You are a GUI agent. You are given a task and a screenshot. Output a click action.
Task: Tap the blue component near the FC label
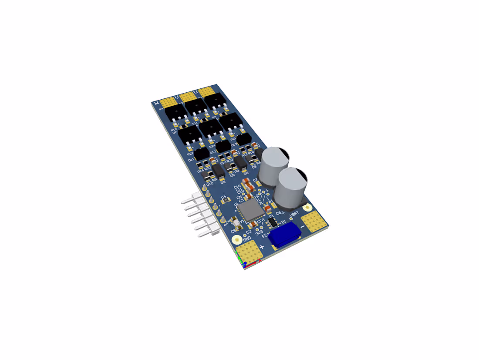[285, 236]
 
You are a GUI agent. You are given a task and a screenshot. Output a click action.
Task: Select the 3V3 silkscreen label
[259, 233]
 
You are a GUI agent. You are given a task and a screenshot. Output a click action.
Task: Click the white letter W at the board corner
[157, 104]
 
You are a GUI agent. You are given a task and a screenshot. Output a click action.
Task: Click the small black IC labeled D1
[272, 222]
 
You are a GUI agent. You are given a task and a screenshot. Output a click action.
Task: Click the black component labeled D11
[201, 154]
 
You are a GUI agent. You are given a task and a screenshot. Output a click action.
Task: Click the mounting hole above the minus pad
[308, 208]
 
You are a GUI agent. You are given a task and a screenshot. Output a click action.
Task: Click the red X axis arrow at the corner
[256, 261]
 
